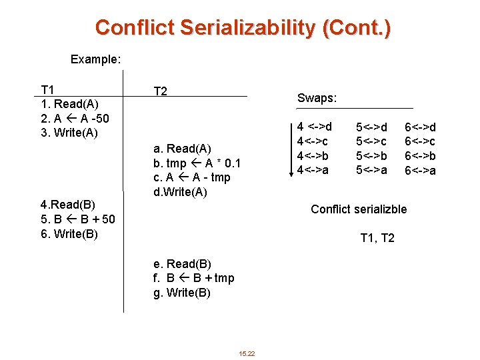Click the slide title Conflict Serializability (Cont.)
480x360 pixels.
[x=243, y=27]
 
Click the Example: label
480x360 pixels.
[x=96, y=59]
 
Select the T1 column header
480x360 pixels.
[x=48, y=90]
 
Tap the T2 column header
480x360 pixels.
[x=160, y=91]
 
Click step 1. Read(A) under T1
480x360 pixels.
[x=70, y=104]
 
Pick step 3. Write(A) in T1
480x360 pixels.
[x=69, y=132]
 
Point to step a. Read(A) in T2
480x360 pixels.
[x=182, y=149]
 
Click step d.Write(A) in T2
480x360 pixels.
[x=180, y=193]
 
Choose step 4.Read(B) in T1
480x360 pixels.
[x=68, y=205]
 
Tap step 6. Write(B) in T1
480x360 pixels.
[x=69, y=233]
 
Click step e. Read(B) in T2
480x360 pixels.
[x=182, y=264]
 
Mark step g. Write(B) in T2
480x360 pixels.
[x=182, y=293]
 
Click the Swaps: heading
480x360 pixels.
[x=317, y=98]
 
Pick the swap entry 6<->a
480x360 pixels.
[x=421, y=171]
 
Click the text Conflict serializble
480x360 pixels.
[x=359, y=209]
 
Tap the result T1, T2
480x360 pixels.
[x=377, y=238]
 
